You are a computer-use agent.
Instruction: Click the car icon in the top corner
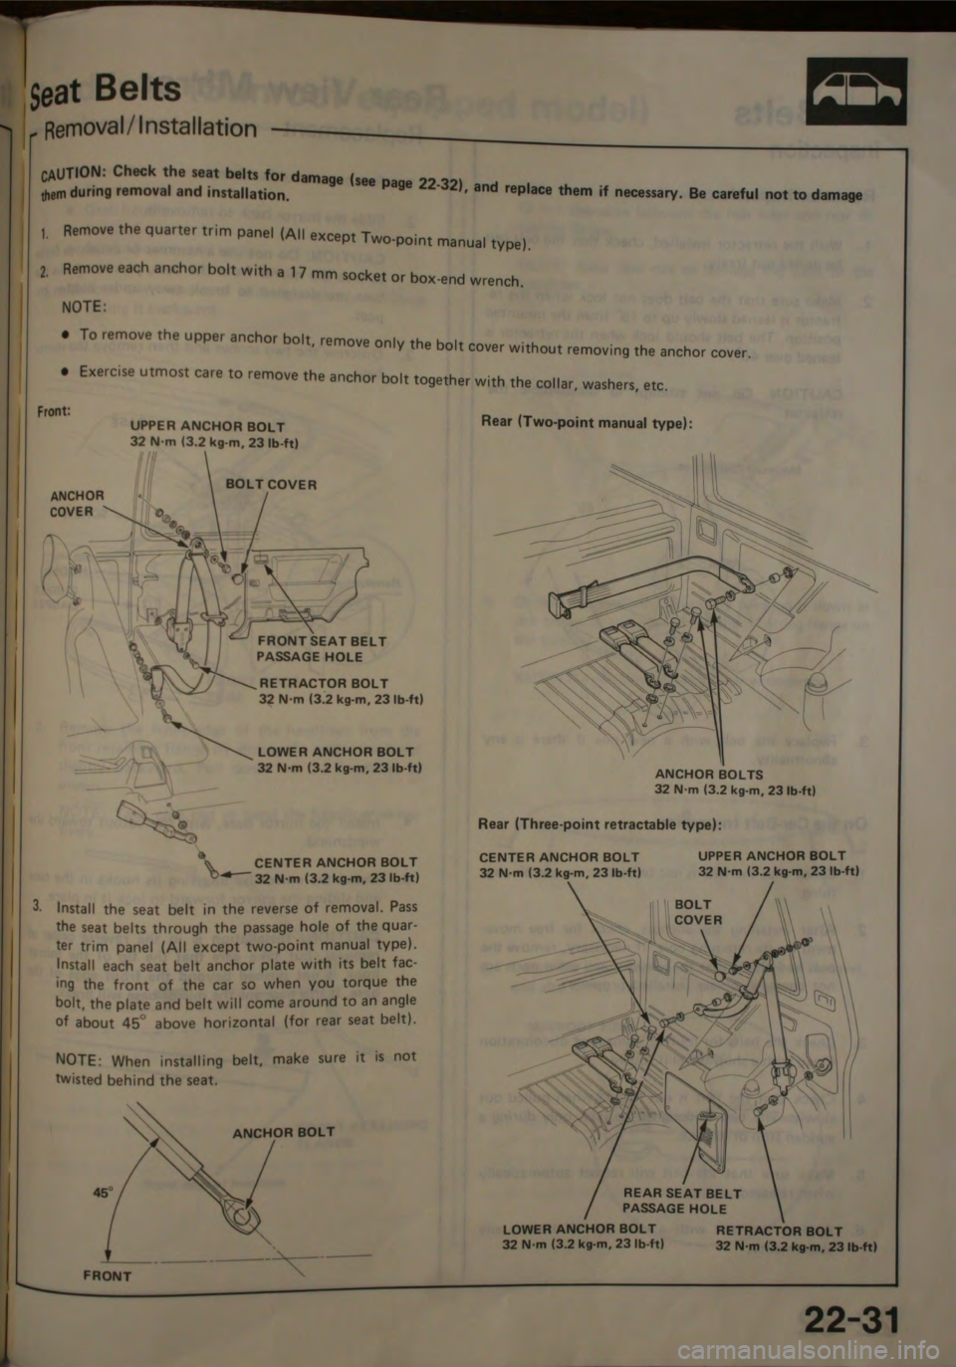pyautogui.click(x=856, y=92)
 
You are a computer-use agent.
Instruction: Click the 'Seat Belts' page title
pyautogui.click(x=118, y=91)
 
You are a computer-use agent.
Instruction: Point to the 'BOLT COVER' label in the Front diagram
pyautogui.click(x=272, y=485)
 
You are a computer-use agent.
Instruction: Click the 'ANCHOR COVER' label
pyautogui.click(x=77, y=503)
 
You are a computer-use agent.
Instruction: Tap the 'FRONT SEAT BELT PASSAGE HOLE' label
pyautogui.click(x=321, y=649)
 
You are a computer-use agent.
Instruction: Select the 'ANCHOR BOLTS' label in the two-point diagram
pyautogui.click(x=709, y=774)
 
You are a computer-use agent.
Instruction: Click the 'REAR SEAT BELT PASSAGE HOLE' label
pyautogui.click(x=681, y=1200)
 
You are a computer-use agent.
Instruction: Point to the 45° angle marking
pyautogui.click(x=103, y=1163)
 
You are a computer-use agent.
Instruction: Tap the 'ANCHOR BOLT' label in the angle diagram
pyautogui.click(x=283, y=1132)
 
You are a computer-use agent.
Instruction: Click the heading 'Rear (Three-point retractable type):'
pyautogui.click(x=599, y=824)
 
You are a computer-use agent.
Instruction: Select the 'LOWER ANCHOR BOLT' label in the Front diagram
pyautogui.click(x=336, y=752)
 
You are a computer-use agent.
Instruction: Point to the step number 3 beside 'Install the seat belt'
pyautogui.click(x=36, y=906)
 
